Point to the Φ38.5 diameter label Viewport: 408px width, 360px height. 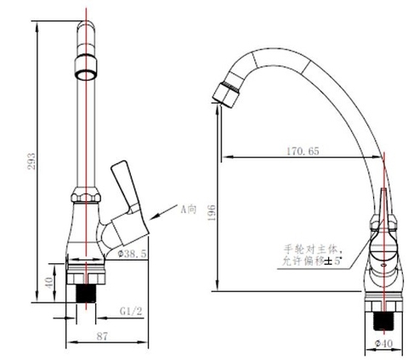tap(133, 253)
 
